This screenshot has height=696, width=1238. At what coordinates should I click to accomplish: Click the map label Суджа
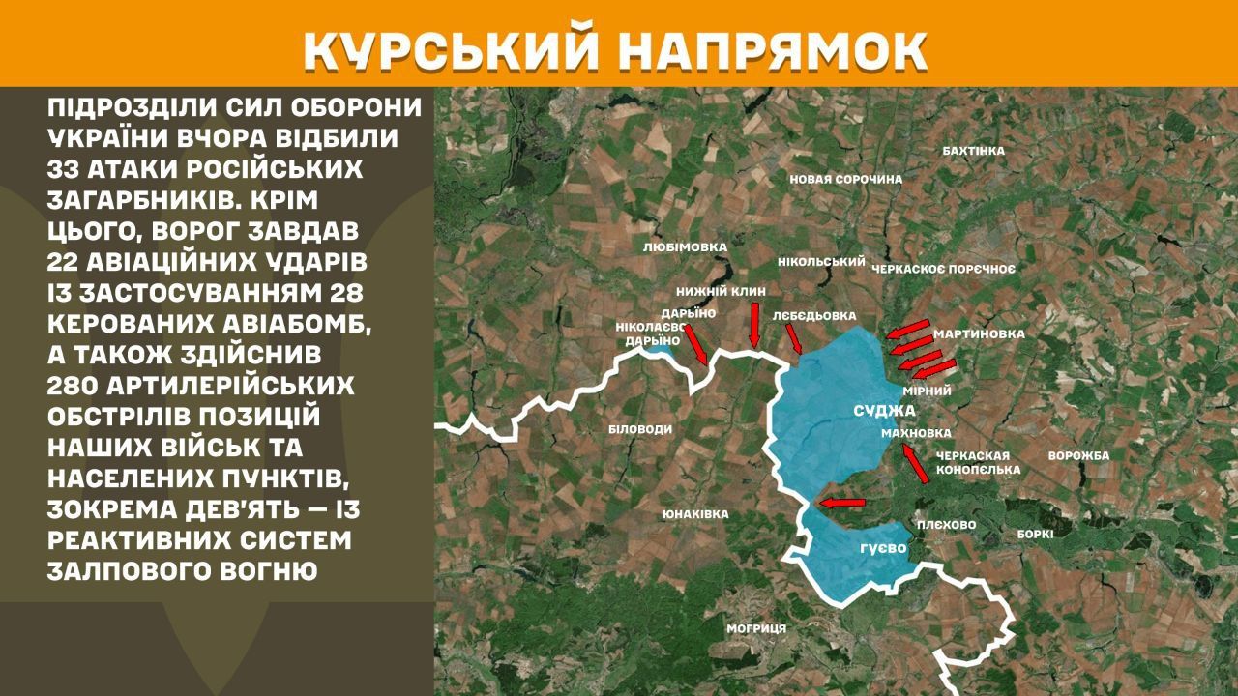pos(884,411)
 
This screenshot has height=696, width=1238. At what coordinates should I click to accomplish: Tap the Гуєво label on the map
pos(882,548)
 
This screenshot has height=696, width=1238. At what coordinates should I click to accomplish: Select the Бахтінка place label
pos(973,151)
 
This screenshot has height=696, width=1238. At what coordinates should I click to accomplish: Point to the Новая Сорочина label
pos(845,179)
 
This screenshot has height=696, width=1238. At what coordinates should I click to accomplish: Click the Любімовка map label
pos(684,247)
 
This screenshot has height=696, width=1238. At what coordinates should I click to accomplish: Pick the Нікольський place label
pos(820,262)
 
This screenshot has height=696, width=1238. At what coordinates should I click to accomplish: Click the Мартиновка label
pos(979,334)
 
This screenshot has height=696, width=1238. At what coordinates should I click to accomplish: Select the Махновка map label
pos(916,433)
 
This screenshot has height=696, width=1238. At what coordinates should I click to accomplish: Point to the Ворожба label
pos(1078,455)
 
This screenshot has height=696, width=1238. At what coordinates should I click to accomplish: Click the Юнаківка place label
pos(695,514)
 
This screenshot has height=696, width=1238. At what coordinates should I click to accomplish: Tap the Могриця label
pos(756,628)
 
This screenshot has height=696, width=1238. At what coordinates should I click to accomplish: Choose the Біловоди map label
pos(640,429)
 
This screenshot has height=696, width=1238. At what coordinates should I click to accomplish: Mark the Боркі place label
pos(1035,533)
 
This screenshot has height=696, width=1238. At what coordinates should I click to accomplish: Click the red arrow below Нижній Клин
pos(754,323)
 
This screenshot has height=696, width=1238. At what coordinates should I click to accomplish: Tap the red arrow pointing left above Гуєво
pos(840,502)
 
